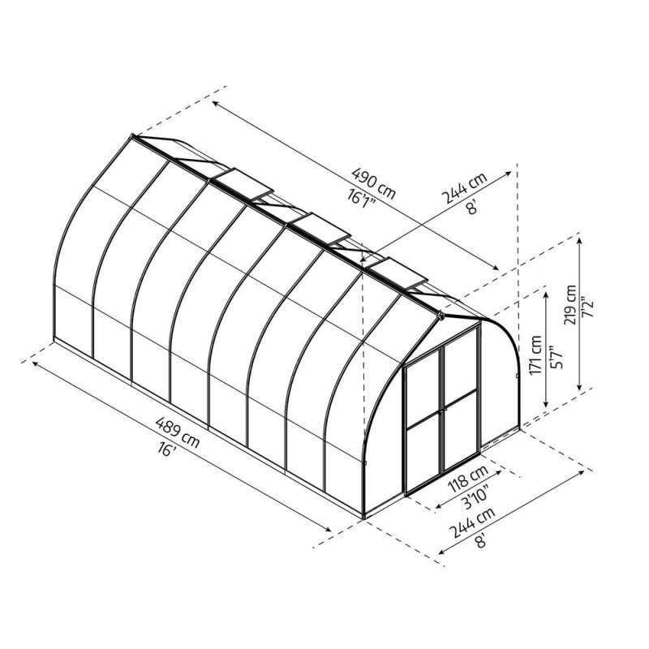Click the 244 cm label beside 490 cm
[463, 189]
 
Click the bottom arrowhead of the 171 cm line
[547, 406]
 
